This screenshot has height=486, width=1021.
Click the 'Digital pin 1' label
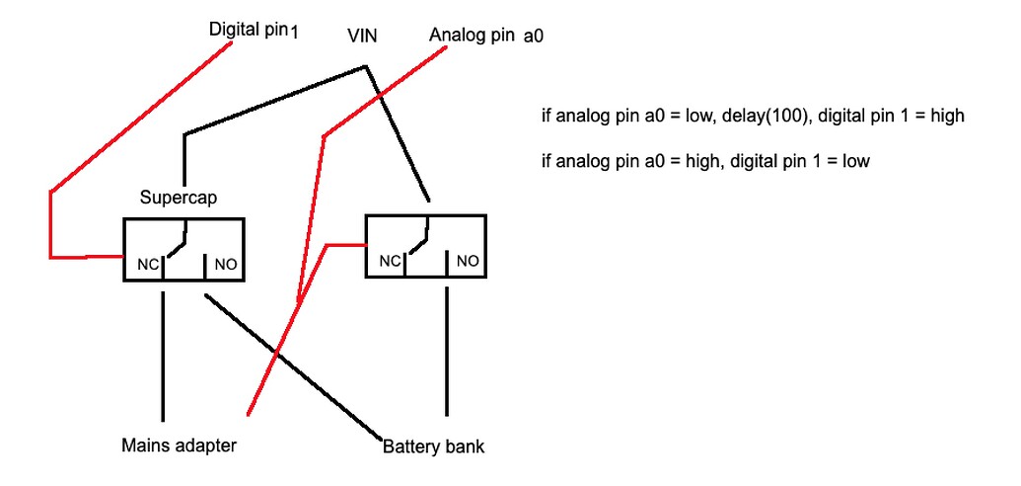pyautogui.click(x=253, y=30)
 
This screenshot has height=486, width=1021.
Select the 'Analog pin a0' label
pyautogui.click(x=487, y=35)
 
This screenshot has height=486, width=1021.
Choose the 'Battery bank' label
pyautogui.click(x=433, y=446)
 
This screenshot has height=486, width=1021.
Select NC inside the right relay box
pyautogui.click(x=391, y=261)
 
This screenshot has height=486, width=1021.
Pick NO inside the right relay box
pyautogui.click(x=467, y=261)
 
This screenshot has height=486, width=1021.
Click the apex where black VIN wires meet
pyautogui.click(x=367, y=67)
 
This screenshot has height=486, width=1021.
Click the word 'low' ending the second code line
pyautogui.click(x=855, y=160)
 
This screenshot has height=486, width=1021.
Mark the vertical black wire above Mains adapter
pyautogui.click(x=163, y=356)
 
